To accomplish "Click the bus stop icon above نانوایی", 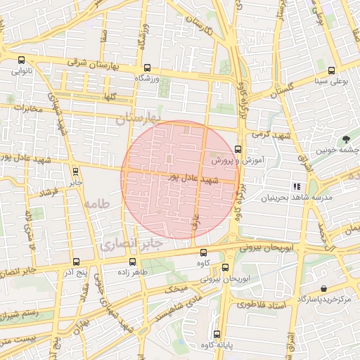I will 21,60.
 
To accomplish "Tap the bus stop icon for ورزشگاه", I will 147,68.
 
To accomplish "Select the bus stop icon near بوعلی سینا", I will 331,70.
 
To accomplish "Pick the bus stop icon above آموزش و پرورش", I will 238,149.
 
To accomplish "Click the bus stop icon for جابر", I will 75,170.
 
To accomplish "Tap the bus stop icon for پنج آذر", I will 76,261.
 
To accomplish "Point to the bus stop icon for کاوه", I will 204,252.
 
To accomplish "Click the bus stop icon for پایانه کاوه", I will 216,334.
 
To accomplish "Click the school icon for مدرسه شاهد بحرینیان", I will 297,186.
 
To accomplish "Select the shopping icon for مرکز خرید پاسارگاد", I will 323,288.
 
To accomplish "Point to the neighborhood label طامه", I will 98,203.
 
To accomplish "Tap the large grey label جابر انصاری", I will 132,244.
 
